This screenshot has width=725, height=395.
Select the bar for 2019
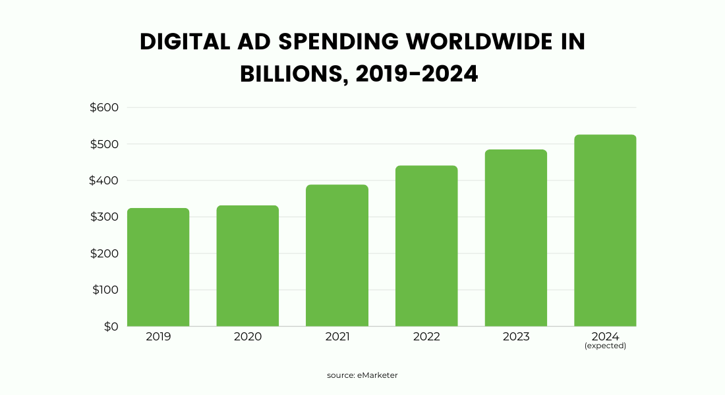pos(158,267)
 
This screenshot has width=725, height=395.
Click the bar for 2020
pos(248,266)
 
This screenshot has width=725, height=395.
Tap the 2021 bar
pos(337,255)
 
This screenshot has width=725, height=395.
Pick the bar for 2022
pos(426,246)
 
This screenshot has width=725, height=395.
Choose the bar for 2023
pos(516,238)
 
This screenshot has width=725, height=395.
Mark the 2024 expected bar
pos(605,230)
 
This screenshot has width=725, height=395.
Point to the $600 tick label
pos(104,107)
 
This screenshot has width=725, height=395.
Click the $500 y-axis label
pos(104,144)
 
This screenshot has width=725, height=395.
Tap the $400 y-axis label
pos(104,180)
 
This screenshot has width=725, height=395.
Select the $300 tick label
pos(104,217)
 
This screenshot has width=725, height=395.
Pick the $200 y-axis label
pos(104,253)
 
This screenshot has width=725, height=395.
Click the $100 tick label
pos(104,290)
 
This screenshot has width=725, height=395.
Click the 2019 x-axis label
pos(158,336)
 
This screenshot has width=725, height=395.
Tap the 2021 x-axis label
pos(337,336)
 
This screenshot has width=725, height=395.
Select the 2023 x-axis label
pos(516,336)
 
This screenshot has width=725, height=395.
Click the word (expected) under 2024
pos(605,346)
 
